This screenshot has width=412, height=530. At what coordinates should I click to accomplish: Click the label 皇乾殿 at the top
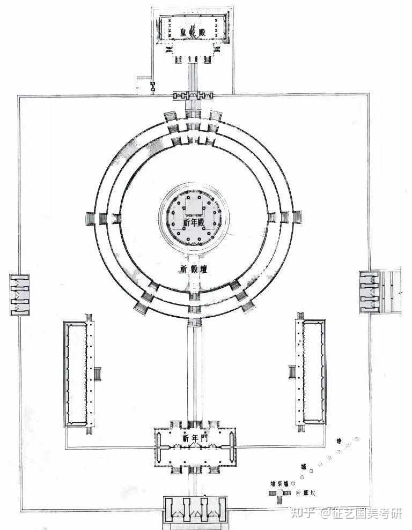[x=194, y=33]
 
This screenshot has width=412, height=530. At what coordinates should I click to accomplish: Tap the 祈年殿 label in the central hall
[x=194, y=221]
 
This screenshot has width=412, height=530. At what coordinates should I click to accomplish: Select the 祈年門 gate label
[x=193, y=438]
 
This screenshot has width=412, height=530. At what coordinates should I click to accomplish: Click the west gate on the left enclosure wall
[x=19, y=294]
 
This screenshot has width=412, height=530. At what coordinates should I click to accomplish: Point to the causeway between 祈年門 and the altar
[x=193, y=375]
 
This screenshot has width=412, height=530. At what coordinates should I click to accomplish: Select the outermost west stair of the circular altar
[x=90, y=219]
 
